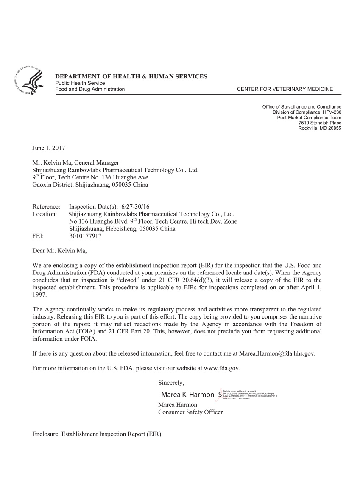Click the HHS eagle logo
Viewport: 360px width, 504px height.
[x=29, y=80]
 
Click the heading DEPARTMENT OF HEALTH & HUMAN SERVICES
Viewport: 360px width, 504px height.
[x=131, y=76]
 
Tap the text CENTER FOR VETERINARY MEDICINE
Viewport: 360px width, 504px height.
[x=285, y=89]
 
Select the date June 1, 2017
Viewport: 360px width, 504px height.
[x=49, y=148]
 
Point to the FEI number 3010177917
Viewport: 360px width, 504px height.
[x=85, y=236]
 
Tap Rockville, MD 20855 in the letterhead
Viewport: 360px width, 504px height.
[x=320, y=128]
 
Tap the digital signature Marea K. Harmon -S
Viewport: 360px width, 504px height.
[x=191, y=395]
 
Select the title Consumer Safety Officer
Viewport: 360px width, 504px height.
[x=190, y=412]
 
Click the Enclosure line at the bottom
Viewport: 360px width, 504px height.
[x=97, y=434]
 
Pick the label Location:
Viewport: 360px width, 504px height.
[x=45, y=214]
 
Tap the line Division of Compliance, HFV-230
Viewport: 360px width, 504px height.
[x=307, y=112]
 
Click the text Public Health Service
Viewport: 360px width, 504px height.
[x=80, y=83]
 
